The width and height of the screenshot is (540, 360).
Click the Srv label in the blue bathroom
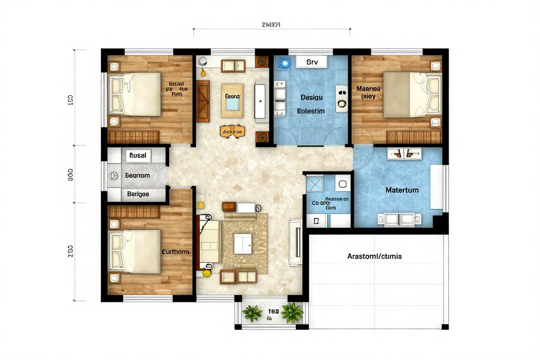click(312, 62)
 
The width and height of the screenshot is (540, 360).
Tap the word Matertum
click(402, 190)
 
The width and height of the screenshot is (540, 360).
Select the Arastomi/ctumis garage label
click(374, 256)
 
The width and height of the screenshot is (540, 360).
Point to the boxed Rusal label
click(138, 155)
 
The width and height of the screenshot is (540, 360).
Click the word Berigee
click(138, 194)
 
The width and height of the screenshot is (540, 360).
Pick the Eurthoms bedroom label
click(175, 251)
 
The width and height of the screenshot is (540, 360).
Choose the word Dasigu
click(311, 97)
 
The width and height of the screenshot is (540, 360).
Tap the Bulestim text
click(311, 111)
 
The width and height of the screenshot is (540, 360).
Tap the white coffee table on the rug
click(242, 244)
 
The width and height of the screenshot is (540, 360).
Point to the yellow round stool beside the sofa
click(207, 273)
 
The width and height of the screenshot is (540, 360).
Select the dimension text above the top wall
click(271, 25)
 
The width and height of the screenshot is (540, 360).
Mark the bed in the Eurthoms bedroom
click(134, 251)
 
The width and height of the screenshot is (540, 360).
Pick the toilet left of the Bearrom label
click(114, 176)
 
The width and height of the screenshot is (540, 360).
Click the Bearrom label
click(138, 176)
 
